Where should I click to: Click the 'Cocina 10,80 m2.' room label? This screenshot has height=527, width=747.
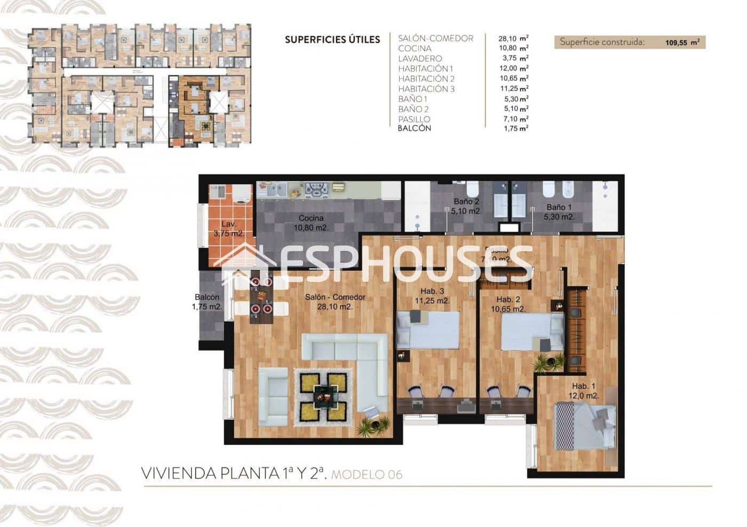point(311,223)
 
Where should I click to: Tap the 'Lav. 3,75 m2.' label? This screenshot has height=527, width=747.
point(228,229)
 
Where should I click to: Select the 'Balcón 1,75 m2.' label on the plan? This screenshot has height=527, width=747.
point(207,302)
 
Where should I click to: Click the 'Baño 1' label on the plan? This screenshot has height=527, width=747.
point(559,212)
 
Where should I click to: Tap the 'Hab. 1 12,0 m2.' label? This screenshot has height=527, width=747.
point(585,391)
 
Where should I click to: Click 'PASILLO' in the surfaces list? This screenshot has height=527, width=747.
point(414,119)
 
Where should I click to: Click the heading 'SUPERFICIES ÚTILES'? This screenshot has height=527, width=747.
point(332,40)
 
